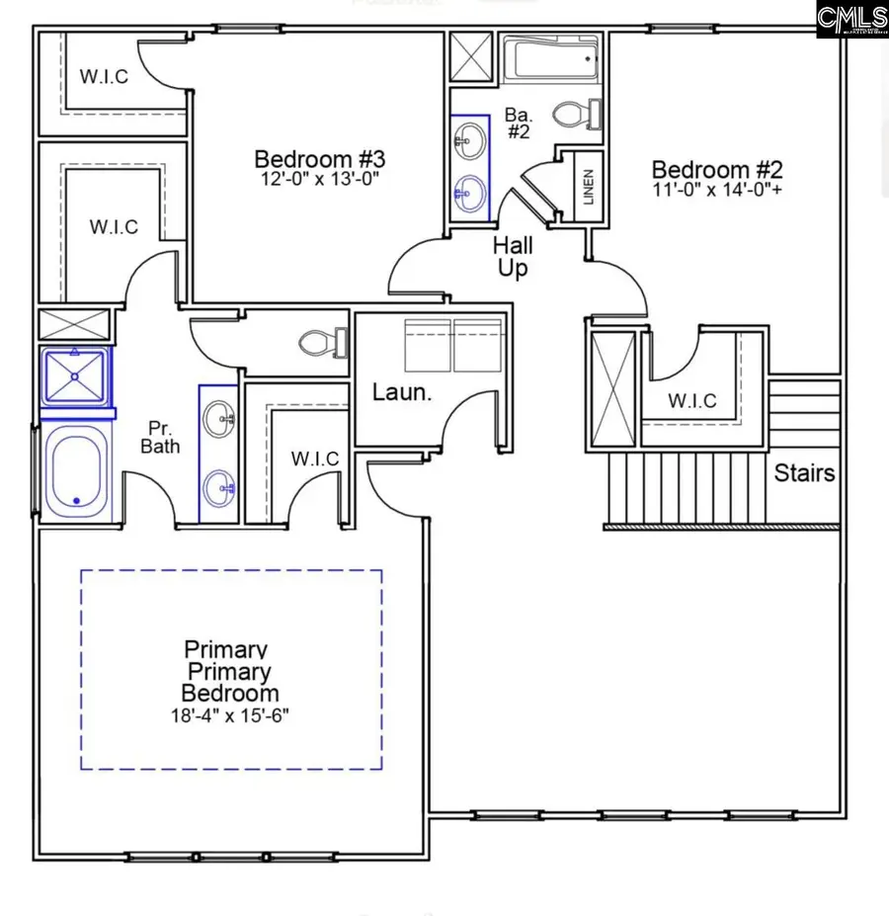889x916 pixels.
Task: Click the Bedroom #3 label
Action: pyautogui.click(x=318, y=159)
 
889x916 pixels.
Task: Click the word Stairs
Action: pyautogui.click(x=804, y=472)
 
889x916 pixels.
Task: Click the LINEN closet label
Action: pyautogui.click(x=589, y=188)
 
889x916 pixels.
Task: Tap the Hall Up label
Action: pyautogui.click(x=513, y=256)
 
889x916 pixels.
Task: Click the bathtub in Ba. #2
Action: pyautogui.click(x=551, y=61)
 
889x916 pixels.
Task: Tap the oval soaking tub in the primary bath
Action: pyautogui.click(x=77, y=470)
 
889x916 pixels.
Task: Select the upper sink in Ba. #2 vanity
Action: pyautogui.click(x=470, y=139)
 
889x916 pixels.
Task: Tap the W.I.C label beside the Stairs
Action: pyautogui.click(x=691, y=401)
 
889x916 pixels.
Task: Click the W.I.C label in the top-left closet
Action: pyautogui.click(x=104, y=77)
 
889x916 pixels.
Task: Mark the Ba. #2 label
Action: pyautogui.click(x=520, y=121)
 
